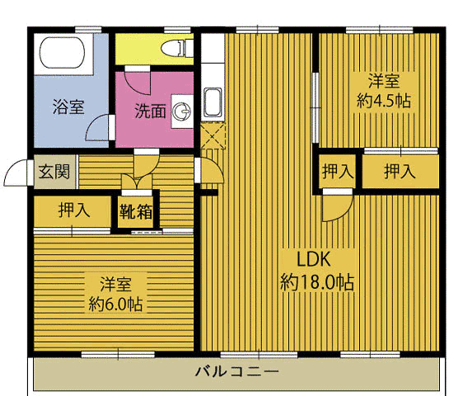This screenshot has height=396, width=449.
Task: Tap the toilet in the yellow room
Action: coord(175,48)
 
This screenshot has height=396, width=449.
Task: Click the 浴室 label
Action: coord(68,106)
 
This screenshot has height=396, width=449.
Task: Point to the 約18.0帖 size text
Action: coord(317,282)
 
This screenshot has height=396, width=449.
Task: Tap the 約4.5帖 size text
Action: coord(384,101)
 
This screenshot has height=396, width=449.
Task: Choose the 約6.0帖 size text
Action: coord(115,304)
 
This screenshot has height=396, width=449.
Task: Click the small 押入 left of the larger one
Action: coord(337,172)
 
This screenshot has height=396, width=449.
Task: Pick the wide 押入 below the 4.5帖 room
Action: coord(399,172)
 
